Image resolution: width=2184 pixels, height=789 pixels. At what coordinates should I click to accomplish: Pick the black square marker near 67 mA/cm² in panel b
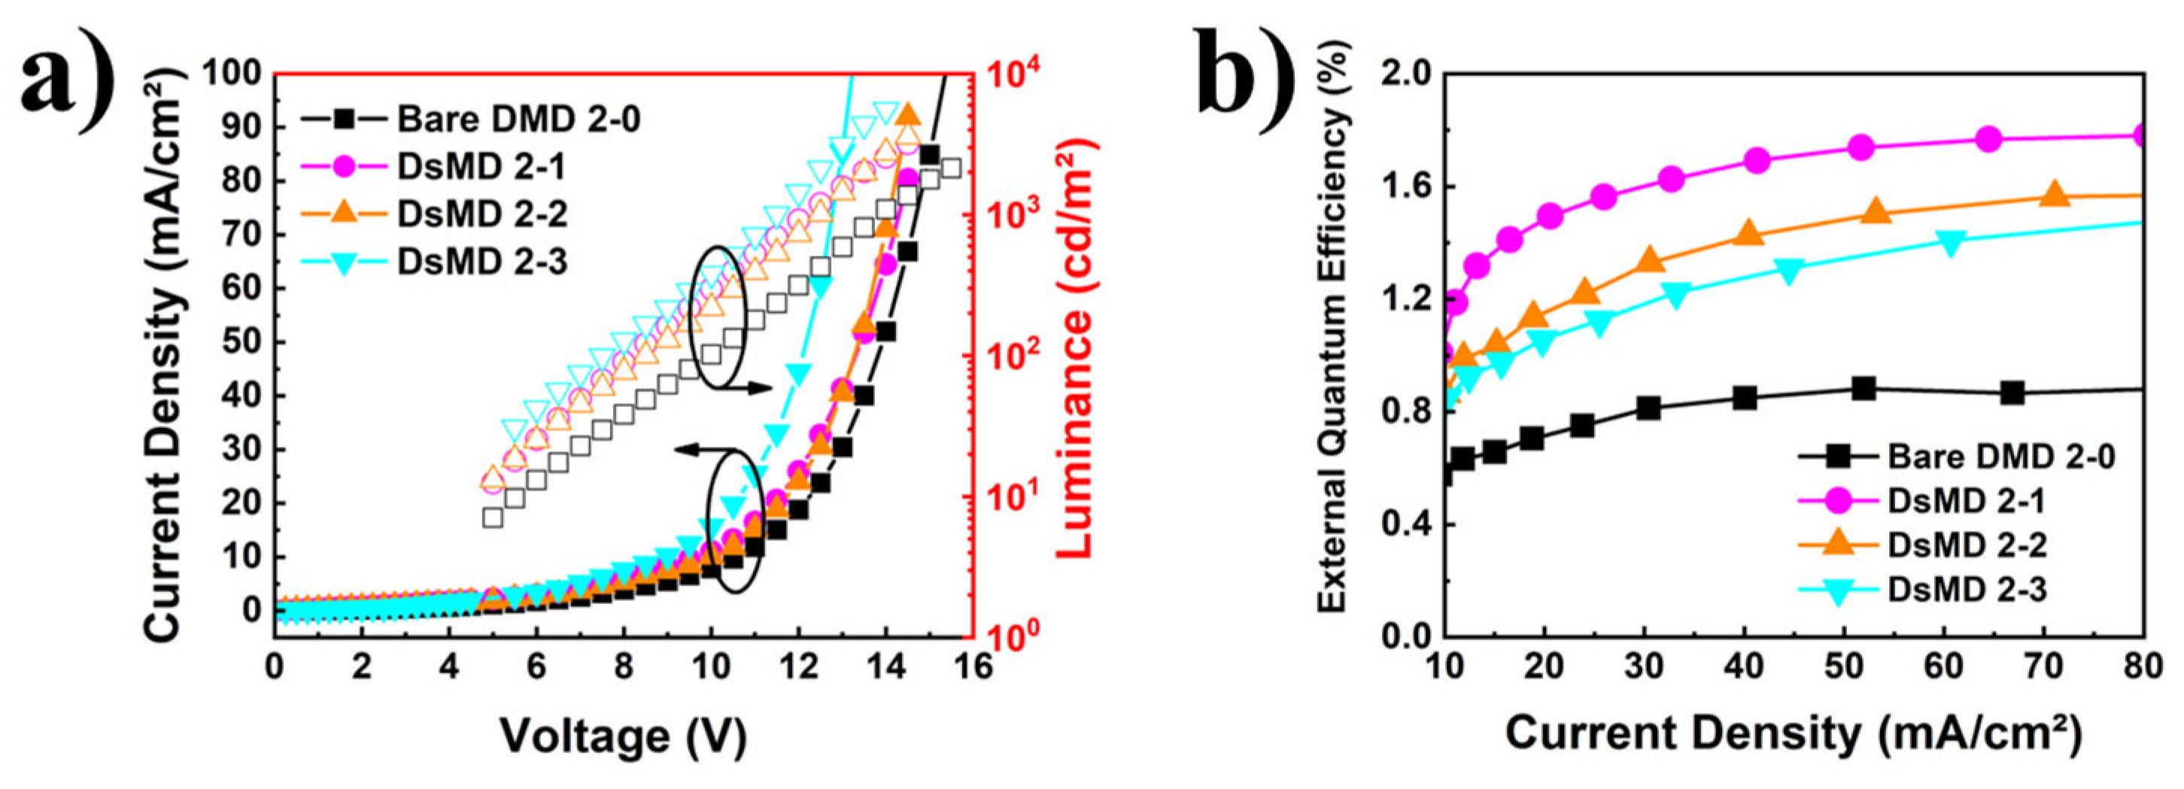(x=2012, y=393)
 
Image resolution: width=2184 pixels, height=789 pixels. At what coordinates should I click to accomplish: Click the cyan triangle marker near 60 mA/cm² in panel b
(x=1952, y=242)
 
